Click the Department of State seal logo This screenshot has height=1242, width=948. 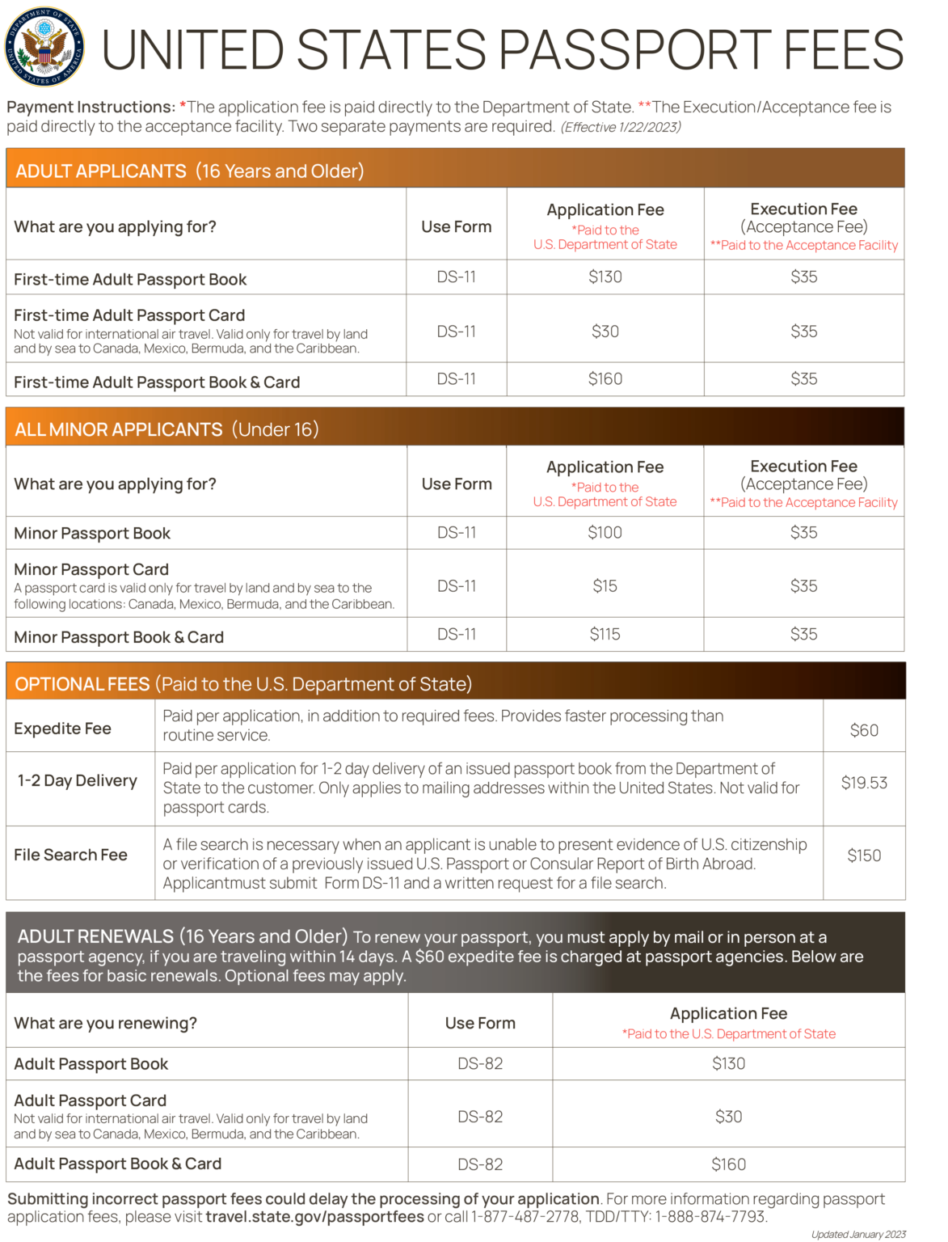(x=45, y=47)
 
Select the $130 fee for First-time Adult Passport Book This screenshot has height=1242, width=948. (x=605, y=277)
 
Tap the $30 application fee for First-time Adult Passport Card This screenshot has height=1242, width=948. (x=605, y=332)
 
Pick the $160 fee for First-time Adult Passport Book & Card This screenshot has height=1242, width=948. (x=605, y=379)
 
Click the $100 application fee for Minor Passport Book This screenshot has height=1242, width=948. (x=605, y=533)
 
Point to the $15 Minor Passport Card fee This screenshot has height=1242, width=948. (x=605, y=586)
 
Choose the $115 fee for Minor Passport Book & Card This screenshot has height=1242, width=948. (x=605, y=635)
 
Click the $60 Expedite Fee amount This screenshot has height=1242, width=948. (x=864, y=730)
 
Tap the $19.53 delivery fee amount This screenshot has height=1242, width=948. (x=864, y=783)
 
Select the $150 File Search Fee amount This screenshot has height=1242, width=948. (x=864, y=855)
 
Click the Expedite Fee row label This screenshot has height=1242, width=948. (x=63, y=729)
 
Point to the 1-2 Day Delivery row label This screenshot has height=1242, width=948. (x=78, y=781)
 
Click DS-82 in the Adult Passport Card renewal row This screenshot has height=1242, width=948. (x=480, y=1117)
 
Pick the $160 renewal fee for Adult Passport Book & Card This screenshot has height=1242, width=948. (x=728, y=1164)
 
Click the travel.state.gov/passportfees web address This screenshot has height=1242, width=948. (x=314, y=1217)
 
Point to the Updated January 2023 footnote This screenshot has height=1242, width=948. (x=858, y=1235)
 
